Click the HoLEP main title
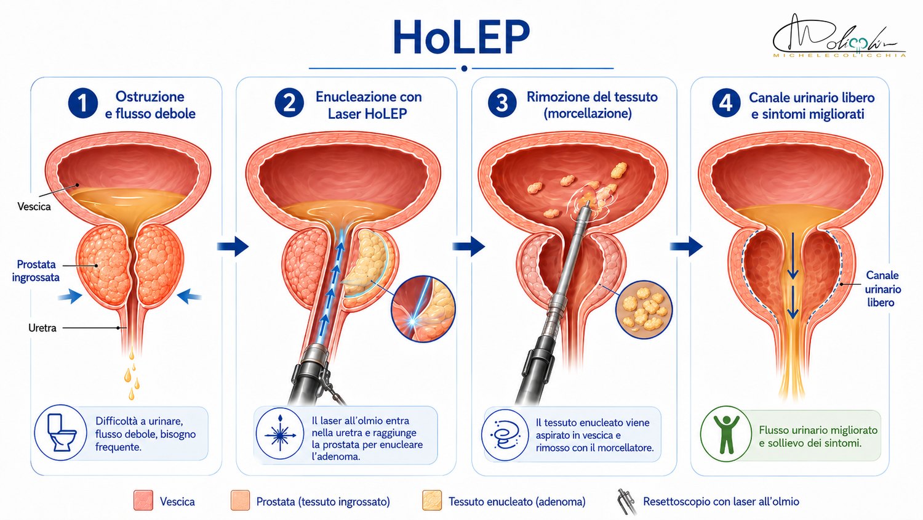461,36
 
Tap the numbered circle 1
83,103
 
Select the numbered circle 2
289,103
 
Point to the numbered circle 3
502,103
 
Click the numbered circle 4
725,103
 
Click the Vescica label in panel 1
34,206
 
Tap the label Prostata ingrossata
36,270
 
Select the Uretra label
42,328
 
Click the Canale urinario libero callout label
882,289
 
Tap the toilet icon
61,433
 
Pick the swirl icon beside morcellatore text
505,435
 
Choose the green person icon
726,434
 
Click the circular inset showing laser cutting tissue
423,309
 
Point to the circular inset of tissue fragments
644,309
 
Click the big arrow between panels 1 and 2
233,246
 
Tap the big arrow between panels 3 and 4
686,246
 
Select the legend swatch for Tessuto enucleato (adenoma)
432,500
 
